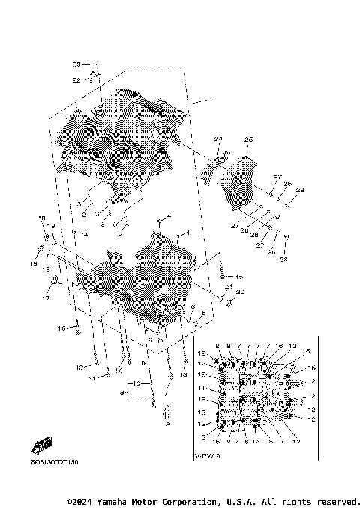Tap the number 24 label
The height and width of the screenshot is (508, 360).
point(220,139)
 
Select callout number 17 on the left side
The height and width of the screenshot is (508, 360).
point(45,298)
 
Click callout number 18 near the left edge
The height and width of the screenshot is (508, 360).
point(42,218)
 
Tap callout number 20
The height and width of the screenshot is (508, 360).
point(241,292)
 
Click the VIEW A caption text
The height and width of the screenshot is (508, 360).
point(205,455)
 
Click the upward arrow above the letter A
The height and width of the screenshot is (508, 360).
point(168,410)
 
